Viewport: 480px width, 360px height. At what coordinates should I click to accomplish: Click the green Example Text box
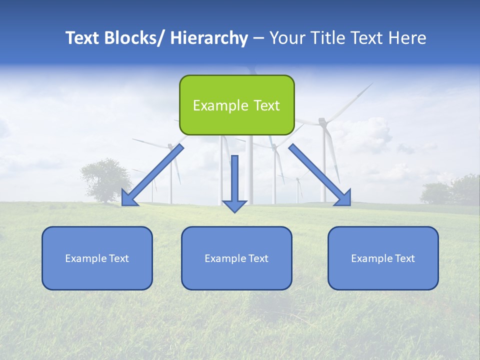(236, 105)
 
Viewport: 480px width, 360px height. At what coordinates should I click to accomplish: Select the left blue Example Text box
(97, 258)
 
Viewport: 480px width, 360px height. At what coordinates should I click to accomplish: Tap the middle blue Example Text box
(236, 258)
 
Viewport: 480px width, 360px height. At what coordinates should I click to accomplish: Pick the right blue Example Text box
(383, 258)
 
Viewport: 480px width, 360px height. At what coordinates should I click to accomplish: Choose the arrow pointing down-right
(320, 175)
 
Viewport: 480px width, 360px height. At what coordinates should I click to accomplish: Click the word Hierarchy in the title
(209, 38)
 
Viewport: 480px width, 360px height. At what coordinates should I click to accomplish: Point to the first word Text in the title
(83, 38)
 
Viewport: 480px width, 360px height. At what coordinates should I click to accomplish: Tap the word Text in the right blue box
(404, 258)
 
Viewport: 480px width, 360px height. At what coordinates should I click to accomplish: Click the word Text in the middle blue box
(258, 258)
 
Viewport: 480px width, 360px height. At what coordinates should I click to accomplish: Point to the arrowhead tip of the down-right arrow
(349, 204)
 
